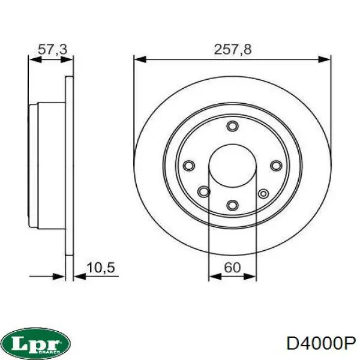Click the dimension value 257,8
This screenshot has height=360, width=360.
(x=232, y=50)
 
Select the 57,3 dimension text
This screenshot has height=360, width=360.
(x=52, y=50)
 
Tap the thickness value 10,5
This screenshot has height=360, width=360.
(x=101, y=268)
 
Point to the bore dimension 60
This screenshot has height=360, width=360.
(x=232, y=268)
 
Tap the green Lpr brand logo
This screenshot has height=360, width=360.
(x=36, y=343)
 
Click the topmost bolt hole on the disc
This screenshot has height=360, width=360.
(x=233, y=126)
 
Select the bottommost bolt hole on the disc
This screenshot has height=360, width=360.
(x=233, y=205)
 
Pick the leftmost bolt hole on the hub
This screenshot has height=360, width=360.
(x=189, y=166)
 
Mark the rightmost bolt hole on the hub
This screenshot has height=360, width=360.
(x=276, y=166)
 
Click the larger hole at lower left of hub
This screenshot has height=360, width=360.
(x=205, y=192)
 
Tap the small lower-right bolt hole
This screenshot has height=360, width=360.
(x=263, y=193)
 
